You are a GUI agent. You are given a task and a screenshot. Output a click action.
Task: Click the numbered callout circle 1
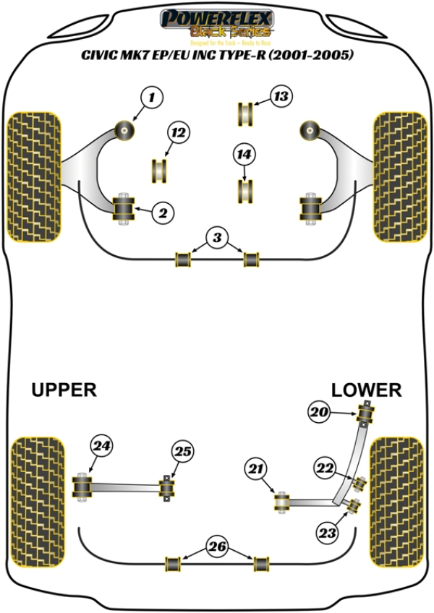pyautogui.click(x=152, y=96)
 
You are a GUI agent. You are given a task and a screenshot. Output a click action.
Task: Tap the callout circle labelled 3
pyautogui.click(x=216, y=236)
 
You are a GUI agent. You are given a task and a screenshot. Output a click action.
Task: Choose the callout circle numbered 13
pyautogui.click(x=281, y=96)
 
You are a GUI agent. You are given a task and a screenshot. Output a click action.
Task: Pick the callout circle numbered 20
pyautogui.click(x=320, y=413)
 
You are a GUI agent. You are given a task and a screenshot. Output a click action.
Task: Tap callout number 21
pyautogui.click(x=254, y=471)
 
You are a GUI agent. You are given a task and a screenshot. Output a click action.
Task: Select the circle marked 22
pyautogui.click(x=324, y=468)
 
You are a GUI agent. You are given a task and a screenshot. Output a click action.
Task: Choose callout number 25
pyautogui.click(x=183, y=452)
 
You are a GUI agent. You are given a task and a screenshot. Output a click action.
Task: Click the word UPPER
pyautogui.click(x=64, y=390)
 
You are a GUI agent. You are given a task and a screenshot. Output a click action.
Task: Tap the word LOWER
pyautogui.click(x=366, y=390)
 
